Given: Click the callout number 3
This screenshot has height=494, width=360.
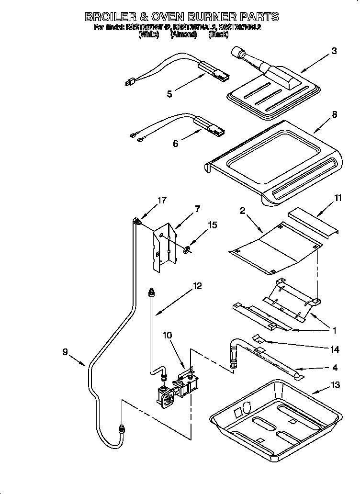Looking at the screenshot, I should [334, 51].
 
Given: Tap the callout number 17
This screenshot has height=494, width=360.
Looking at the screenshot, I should [162, 200].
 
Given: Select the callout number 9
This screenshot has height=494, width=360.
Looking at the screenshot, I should [65, 352].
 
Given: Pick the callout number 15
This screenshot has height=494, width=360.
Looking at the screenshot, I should [212, 225].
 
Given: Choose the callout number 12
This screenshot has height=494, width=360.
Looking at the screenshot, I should [197, 286].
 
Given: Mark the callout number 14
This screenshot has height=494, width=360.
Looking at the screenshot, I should [335, 349].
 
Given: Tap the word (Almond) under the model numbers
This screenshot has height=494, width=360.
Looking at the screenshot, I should [183, 34].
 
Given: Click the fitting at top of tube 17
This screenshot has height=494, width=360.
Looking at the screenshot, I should [138, 221].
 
